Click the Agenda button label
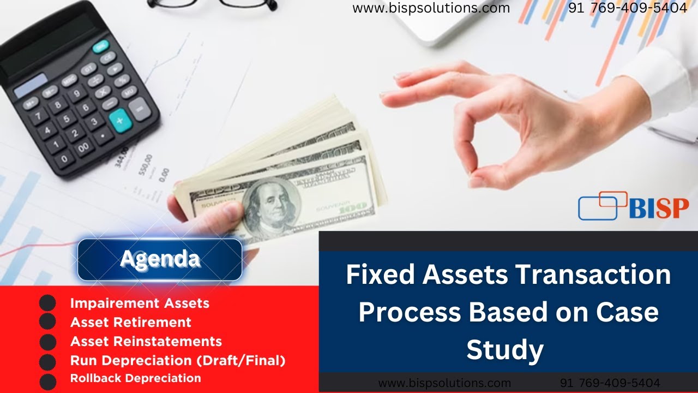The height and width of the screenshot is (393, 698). (160, 259)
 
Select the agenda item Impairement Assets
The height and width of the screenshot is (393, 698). (140, 303)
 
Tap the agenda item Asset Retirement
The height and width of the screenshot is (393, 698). (131, 322)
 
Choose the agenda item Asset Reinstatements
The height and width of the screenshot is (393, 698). (146, 342)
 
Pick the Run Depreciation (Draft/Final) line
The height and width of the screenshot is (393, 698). (178, 360)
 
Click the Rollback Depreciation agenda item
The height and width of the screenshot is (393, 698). (136, 378)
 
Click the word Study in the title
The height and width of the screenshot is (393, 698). (505, 350)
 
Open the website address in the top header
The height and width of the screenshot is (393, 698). (431, 8)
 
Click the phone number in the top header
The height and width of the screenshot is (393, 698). (628, 8)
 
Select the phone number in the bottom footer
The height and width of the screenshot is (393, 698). (610, 383)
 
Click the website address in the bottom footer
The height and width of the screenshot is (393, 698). (444, 383)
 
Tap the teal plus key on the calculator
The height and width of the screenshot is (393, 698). (120, 120)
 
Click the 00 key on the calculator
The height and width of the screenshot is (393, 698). (83, 147)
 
